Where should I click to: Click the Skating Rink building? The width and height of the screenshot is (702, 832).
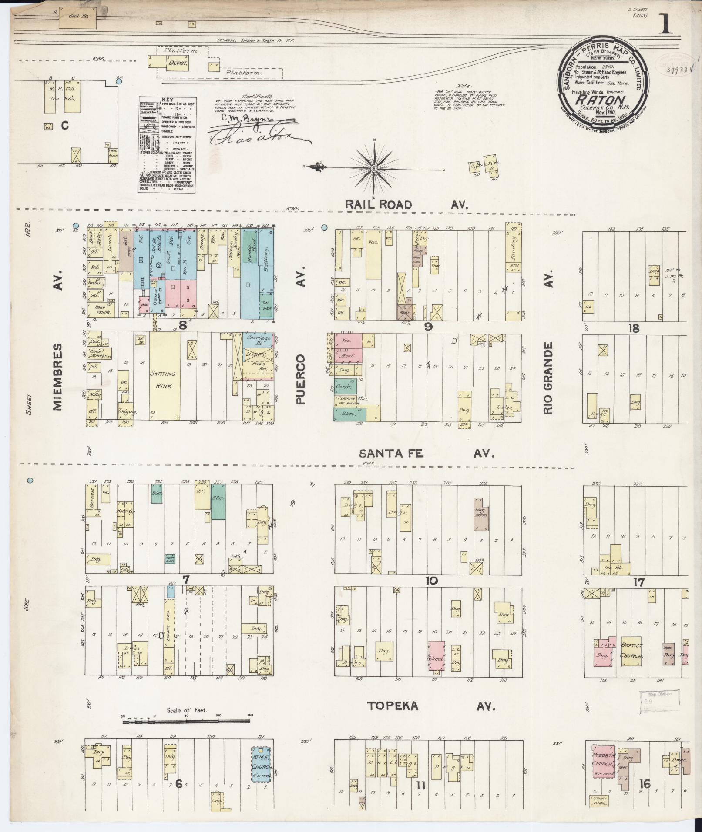[x=165, y=375]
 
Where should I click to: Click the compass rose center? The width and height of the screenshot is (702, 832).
[x=374, y=168]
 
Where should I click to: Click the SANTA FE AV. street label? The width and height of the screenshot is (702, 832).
[x=427, y=454]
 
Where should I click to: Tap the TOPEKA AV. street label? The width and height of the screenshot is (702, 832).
[x=431, y=705]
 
